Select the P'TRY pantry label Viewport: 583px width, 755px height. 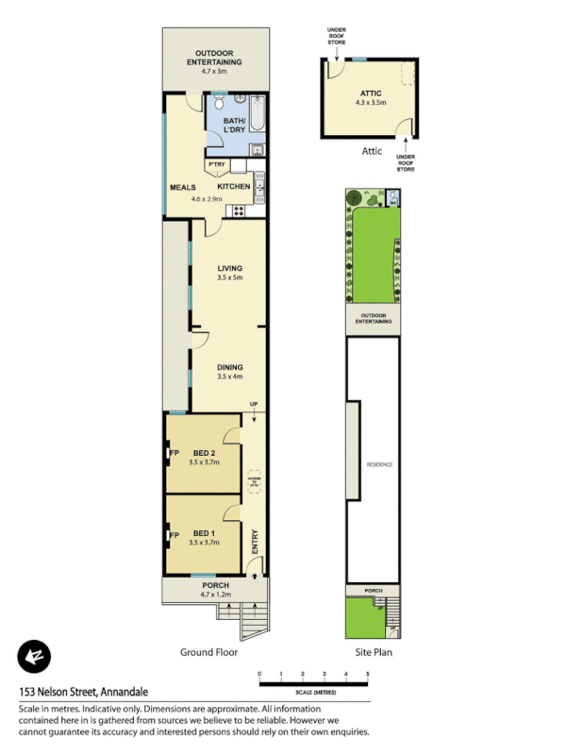[216, 165]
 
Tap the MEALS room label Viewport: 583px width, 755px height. [182, 187]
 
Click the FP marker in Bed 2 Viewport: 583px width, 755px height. [174, 453]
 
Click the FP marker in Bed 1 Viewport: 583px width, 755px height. [174, 535]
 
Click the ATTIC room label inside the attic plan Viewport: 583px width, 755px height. [370, 92]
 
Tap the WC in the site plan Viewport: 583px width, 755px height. [393, 197]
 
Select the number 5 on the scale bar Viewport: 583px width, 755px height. [368, 674]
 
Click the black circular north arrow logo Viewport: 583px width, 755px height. [34, 657]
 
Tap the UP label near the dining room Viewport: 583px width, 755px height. [253, 405]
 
